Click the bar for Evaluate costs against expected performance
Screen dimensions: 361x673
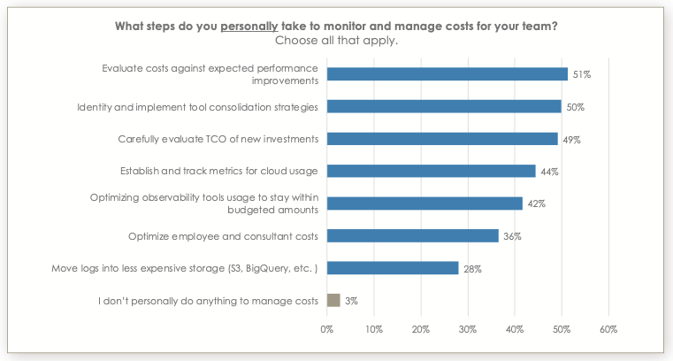point(447,74)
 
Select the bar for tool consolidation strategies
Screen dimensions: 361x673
point(444,107)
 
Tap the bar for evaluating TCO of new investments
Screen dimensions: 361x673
point(442,139)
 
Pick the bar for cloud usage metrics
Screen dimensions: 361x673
point(431,171)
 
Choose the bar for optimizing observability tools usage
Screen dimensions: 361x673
point(424,204)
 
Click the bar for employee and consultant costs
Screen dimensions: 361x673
point(412,235)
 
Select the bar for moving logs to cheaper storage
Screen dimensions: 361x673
point(393,268)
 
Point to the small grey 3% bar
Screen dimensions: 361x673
point(333,300)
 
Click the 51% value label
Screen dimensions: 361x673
point(581,75)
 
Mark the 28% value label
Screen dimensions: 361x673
point(472,268)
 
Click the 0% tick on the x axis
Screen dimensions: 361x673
point(327,329)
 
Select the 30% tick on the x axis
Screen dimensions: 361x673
point(468,329)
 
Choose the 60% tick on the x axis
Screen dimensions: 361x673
point(608,329)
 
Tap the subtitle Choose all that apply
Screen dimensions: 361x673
point(336,40)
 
